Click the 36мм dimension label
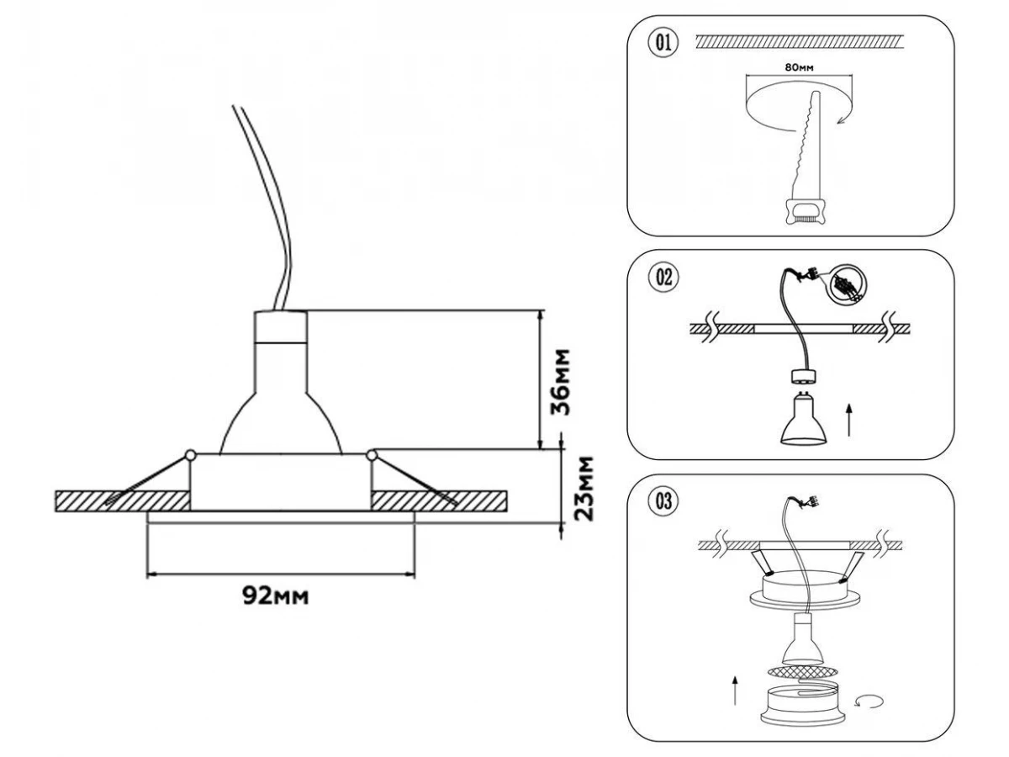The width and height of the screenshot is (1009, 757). click(563, 381)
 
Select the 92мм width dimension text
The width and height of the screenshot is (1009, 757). click(275, 596)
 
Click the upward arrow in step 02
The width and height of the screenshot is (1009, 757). click(851, 419)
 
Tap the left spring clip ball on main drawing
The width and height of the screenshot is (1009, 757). click(191, 455)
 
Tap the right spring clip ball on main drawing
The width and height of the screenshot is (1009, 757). click(372, 455)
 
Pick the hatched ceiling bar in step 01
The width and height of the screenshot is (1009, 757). click(799, 40)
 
